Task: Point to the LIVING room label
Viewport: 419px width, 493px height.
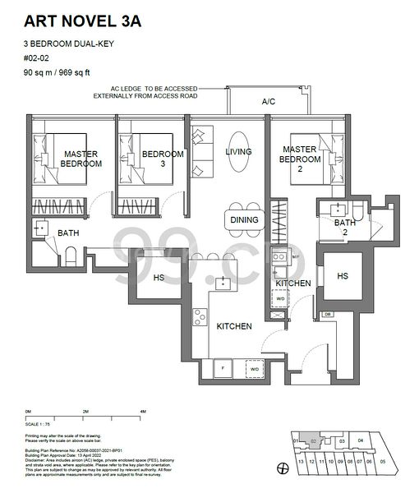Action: click(238, 151)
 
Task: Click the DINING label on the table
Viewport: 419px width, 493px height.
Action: click(244, 219)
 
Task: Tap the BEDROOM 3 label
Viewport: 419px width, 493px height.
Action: click(162, 159)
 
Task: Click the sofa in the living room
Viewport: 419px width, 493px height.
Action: click(201, 152)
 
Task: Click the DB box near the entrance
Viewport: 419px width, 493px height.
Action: click(326, 314)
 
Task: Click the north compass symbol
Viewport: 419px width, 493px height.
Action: click(283, 468)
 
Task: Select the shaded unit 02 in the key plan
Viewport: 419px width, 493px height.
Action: click(313, 440)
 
